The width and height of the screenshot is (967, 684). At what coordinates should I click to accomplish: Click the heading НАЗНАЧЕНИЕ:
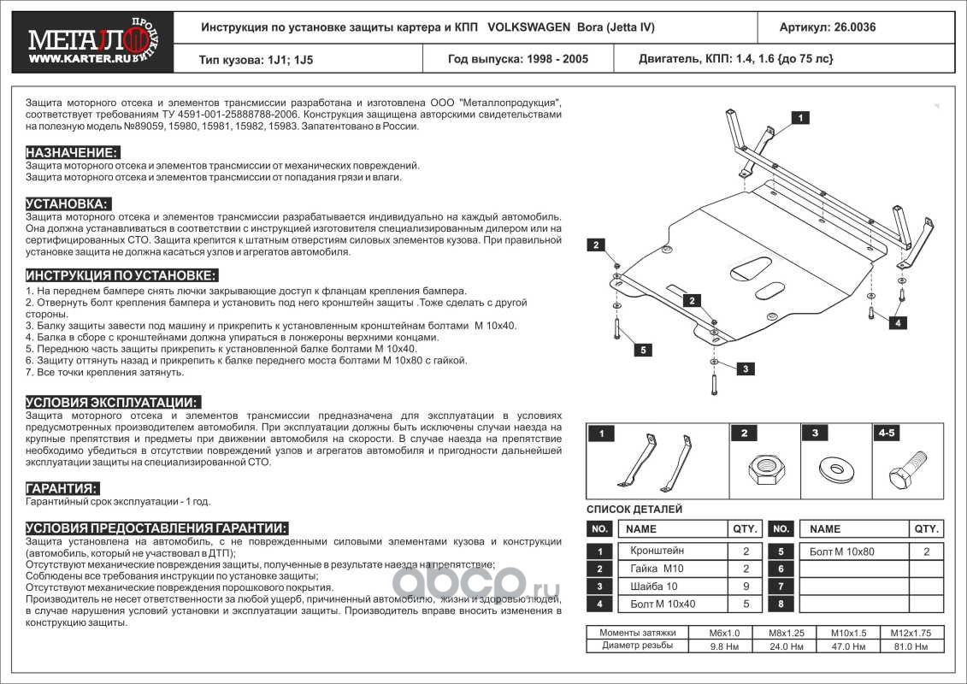point(72,151)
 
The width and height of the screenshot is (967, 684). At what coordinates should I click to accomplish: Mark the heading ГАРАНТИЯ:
point(62,488)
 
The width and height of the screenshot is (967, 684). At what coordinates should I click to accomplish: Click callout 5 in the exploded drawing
point(643,349)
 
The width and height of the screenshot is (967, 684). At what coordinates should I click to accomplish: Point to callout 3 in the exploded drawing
point(745,369)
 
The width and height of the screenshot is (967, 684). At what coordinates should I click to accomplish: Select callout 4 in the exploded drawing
point(897,322)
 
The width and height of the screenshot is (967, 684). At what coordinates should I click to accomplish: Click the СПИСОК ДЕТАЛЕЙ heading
point(634,509)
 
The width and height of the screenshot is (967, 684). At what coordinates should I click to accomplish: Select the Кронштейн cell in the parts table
point(657,551)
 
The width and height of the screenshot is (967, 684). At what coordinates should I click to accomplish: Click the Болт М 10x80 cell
point(842,551)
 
